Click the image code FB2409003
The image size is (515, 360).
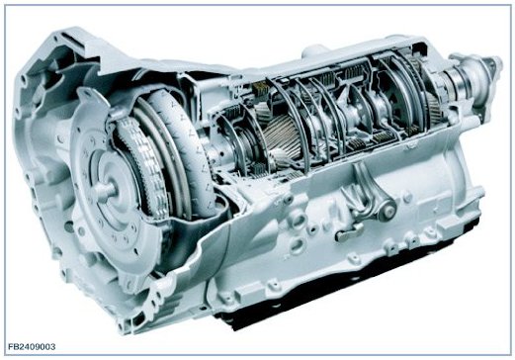coord(32,346)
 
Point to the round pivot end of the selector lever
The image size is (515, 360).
coord(386,210)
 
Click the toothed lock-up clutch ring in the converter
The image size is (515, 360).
coord(145,168)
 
